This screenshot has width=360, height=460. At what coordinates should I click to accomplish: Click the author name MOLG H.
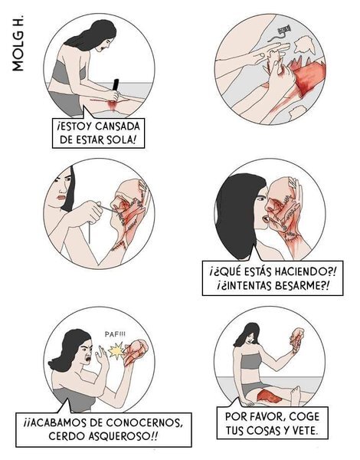[x=18, y=43]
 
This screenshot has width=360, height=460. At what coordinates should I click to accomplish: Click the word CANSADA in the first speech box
[x=118, y=127]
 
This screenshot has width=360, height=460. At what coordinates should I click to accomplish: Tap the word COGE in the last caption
[x=304, y=416]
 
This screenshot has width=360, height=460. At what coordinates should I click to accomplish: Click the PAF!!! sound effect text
[x=115, y=334]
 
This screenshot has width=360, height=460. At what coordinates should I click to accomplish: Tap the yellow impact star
[x=116, y=350]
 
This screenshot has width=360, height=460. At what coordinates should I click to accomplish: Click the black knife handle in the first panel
[x=116, y=85]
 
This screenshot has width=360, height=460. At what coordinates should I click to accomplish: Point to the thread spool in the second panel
[x=283, y=29]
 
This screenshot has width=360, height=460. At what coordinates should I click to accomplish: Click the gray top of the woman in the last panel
[x=250, y=361]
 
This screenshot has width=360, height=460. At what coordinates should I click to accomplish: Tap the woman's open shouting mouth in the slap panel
[x=87, y=358]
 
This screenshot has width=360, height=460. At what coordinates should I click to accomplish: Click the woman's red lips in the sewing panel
[x=61, y=197]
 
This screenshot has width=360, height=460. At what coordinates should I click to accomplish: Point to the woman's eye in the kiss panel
[x=260, y=199]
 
